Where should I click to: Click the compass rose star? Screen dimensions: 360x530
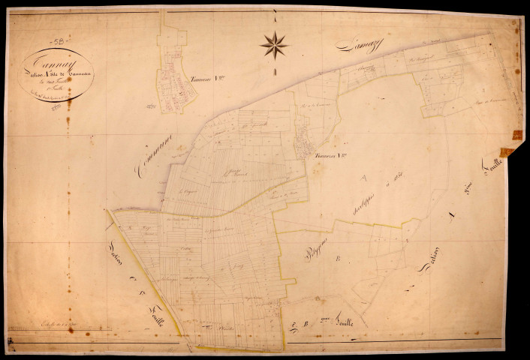274,45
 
